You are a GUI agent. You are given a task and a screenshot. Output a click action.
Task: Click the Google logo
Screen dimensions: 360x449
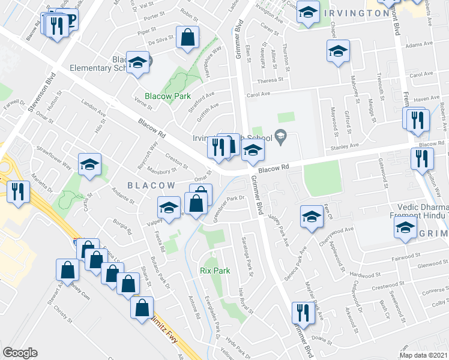coord(20,353)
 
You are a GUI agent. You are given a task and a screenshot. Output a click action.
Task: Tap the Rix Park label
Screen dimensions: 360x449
coord(215,271)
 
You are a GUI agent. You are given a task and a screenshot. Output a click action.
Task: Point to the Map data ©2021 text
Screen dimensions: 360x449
coord(424,355)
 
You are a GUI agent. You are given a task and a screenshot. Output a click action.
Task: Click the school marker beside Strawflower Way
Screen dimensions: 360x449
coord(90,165)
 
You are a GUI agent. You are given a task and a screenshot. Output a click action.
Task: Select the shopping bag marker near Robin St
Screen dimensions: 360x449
coord(188,37)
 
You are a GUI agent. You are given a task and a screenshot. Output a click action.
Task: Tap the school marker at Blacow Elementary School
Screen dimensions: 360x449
coord(138,64)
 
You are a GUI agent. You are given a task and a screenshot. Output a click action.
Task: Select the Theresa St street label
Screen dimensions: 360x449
coord(270,80)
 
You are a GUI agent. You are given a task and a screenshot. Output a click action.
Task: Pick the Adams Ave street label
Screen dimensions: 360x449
coord(419,46)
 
